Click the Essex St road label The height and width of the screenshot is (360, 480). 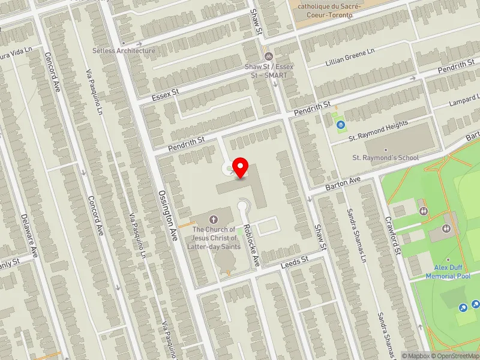[166, 93]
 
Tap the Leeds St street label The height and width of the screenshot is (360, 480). [295, 260]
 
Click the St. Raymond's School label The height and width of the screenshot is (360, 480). [385, 158]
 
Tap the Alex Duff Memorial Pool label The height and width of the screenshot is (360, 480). [448, 272]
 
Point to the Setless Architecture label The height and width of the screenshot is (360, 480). [124, 51]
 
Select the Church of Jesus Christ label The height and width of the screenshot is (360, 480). [214, 238]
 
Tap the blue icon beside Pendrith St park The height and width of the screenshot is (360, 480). [341, 125]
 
